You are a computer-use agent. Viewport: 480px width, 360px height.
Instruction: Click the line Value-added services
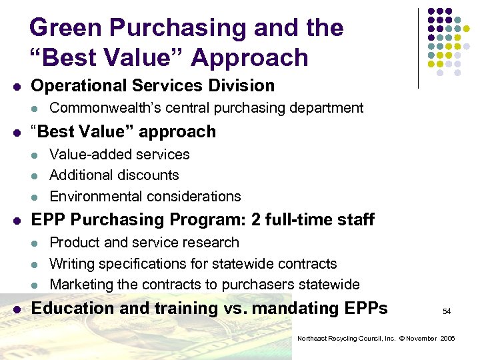(x=119, y=155)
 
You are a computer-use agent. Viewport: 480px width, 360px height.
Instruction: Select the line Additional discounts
(x=114, y=175)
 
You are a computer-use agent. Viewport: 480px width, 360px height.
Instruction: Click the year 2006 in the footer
(x=447, y=339)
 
